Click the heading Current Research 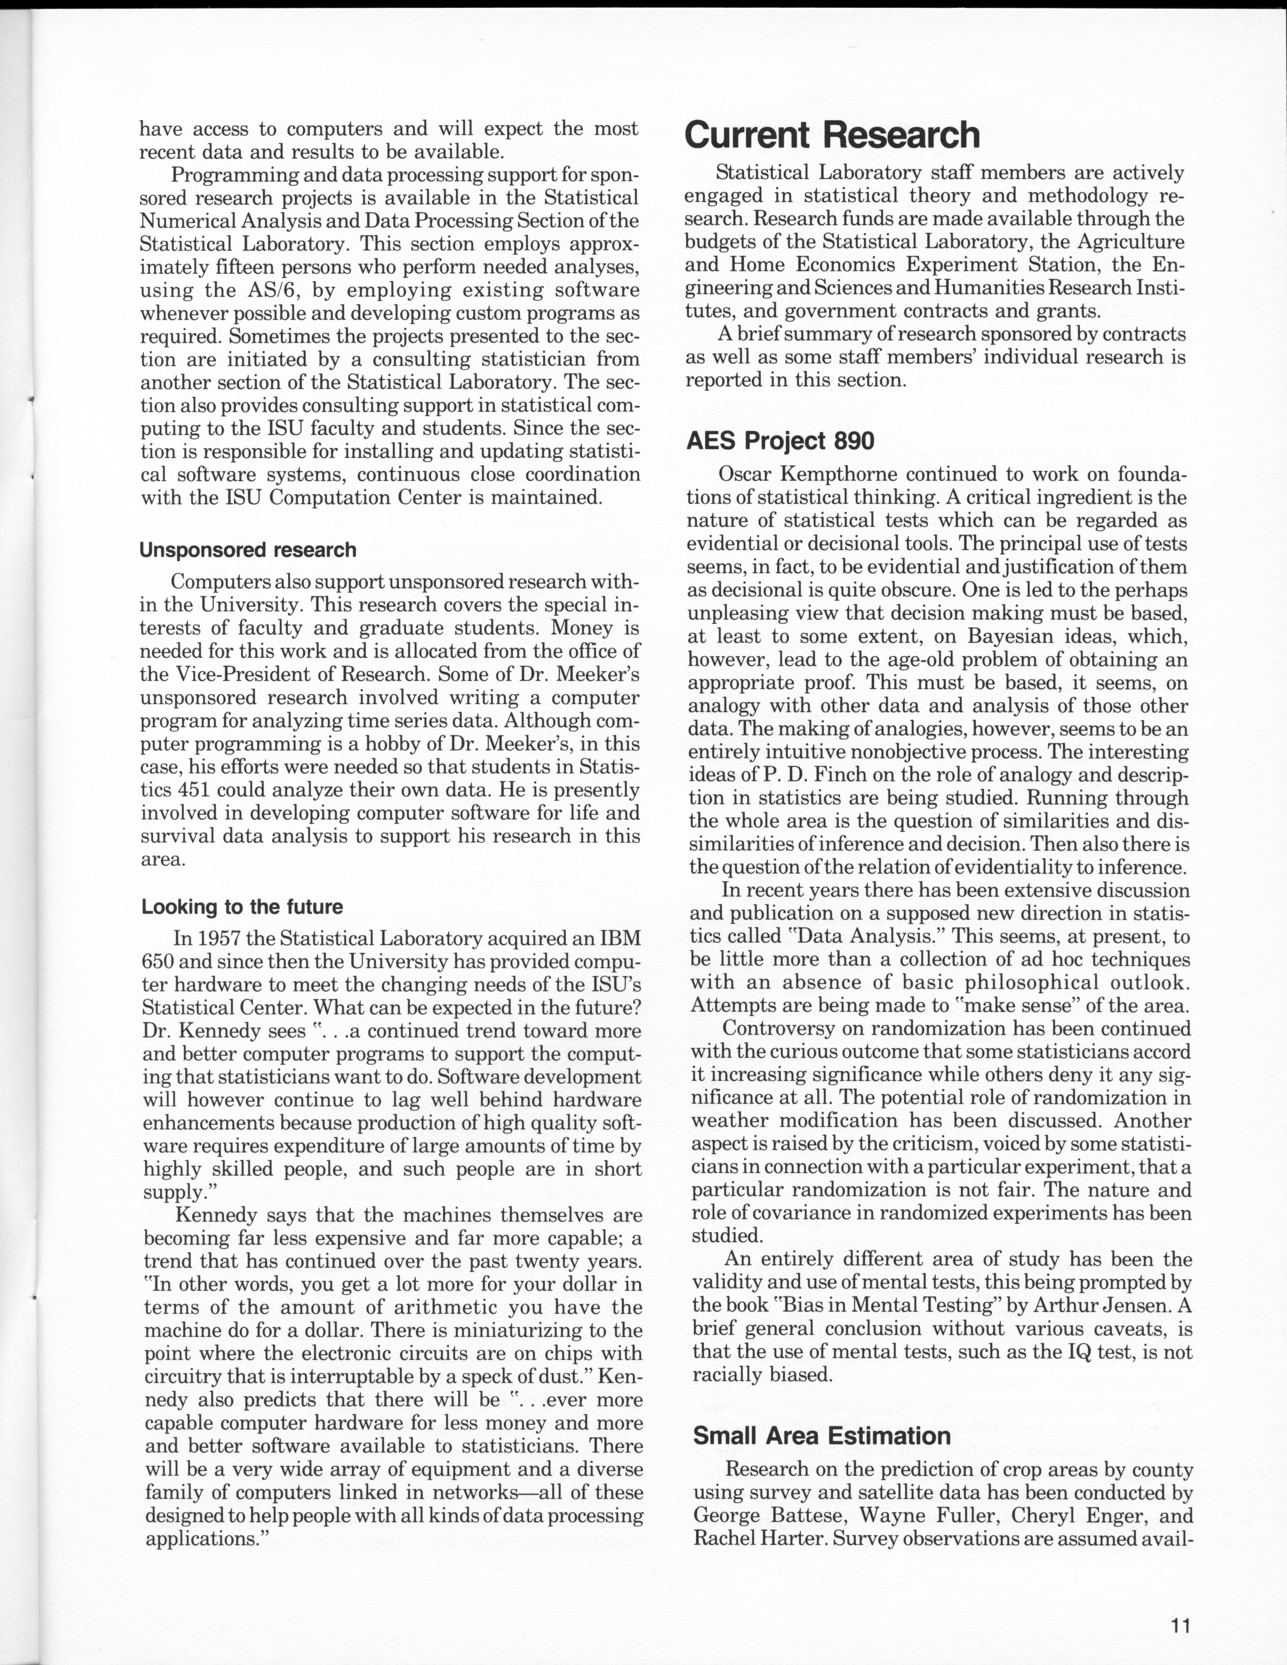[831, 135]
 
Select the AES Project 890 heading [780, 441]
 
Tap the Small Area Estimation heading [821, 1435]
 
